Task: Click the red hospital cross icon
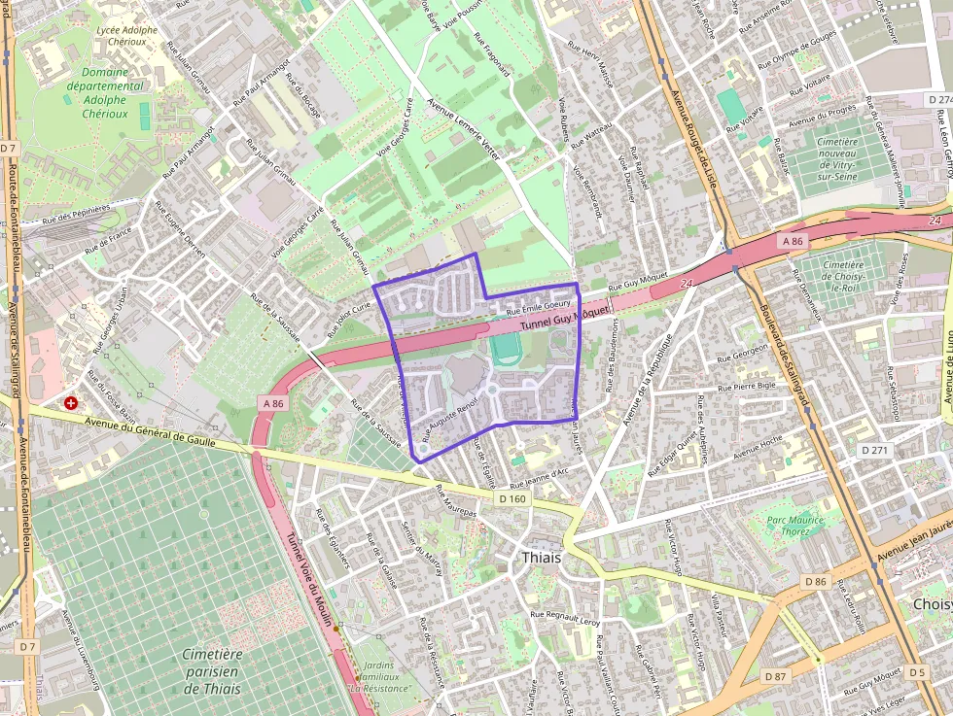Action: point(71,402)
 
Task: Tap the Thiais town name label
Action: point(543,558)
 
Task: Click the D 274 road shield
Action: point(938,100)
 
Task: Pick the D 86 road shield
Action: point(815,581)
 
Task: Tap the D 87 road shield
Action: point(775,675)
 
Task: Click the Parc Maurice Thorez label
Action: point(794,526)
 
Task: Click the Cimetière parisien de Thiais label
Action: point(212,671)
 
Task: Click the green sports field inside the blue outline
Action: point(505,350)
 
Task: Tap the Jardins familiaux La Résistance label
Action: point(380,676)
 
